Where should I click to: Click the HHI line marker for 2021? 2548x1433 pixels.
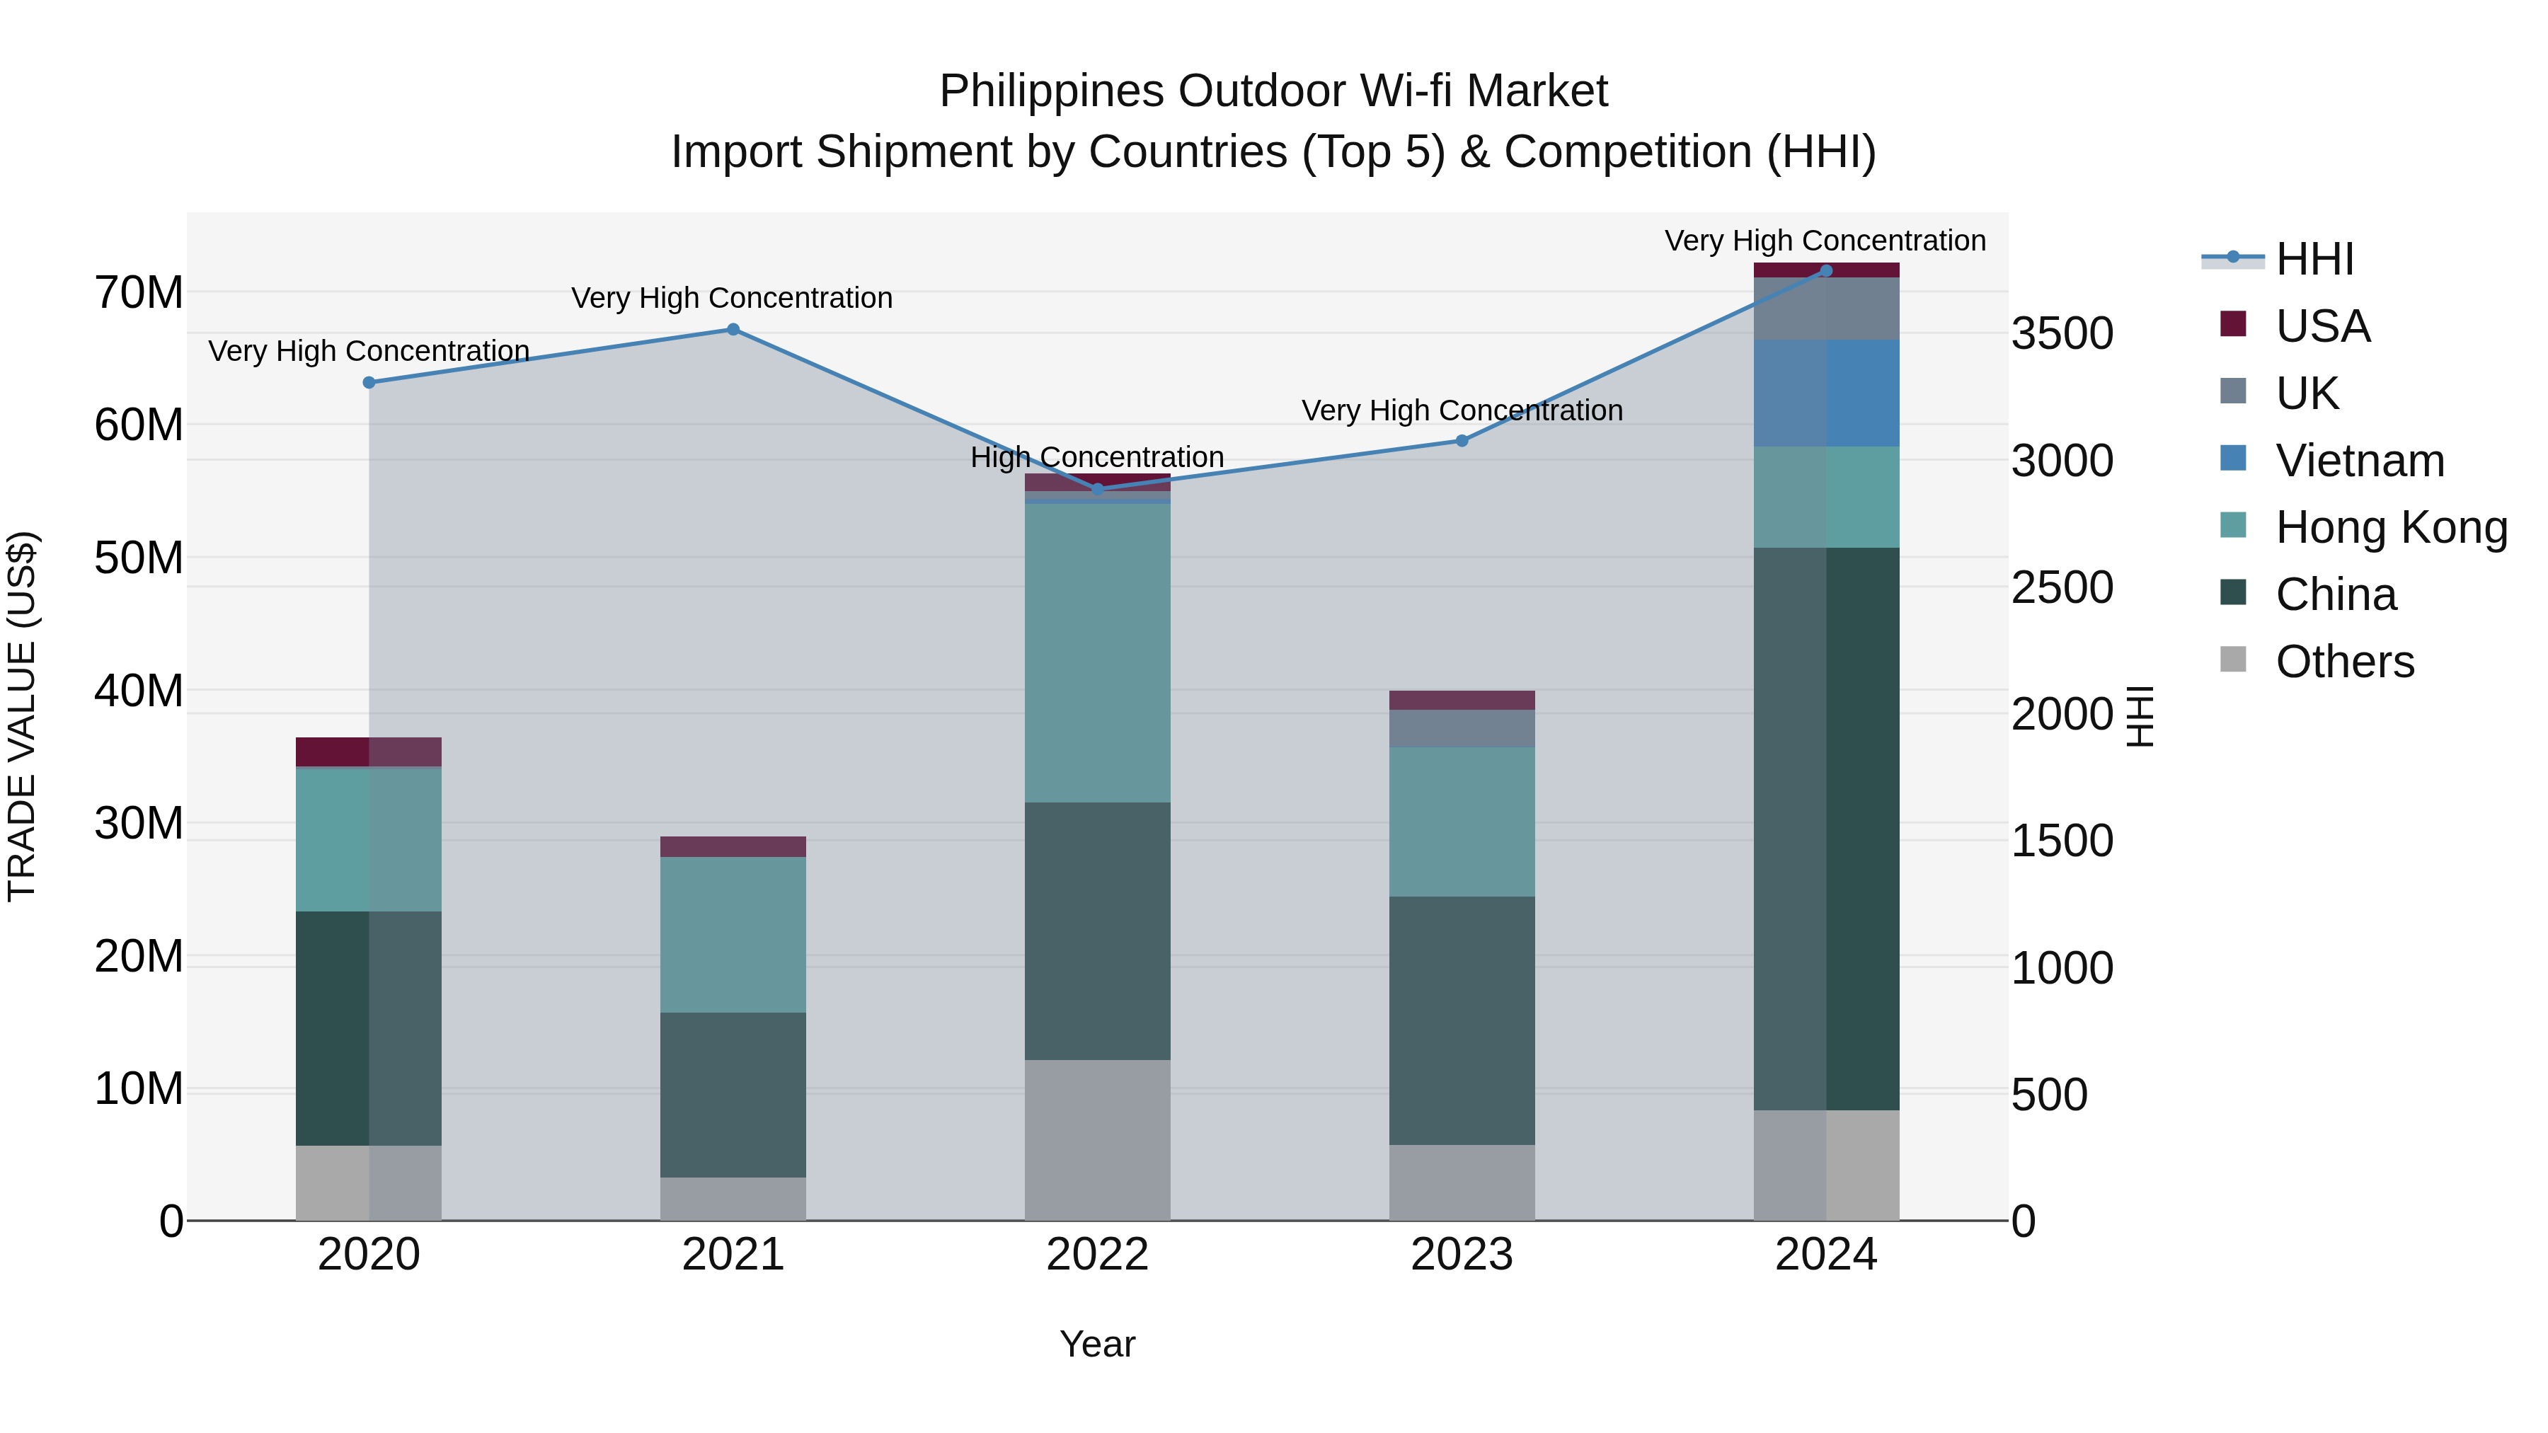click(733, 329)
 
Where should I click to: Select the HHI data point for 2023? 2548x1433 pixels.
click(1462, 441)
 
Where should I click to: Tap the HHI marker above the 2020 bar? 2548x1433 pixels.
click(369, 383)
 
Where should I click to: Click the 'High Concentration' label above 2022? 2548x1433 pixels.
click(1097, 457)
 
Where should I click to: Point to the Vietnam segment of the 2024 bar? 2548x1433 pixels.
click(1826, 393)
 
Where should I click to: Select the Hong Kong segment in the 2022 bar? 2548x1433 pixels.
click(1097, 652)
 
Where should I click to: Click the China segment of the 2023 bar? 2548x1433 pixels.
click(1462, 1020)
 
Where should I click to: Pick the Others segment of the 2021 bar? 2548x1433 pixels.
click(733, 1199)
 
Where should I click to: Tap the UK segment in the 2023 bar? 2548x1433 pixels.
click(1462, 728)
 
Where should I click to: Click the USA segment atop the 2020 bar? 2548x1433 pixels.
click(369, 752)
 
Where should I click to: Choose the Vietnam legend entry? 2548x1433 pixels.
click(2359, 461)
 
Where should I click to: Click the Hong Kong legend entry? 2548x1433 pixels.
click(2391, 527)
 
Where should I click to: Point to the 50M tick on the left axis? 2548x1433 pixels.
click(139, 558)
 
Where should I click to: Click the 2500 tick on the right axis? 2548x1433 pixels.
click(2062, 587)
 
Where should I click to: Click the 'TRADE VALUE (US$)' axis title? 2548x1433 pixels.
click(22, 716)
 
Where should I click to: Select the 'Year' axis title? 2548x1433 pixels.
click(1097, 1344)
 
